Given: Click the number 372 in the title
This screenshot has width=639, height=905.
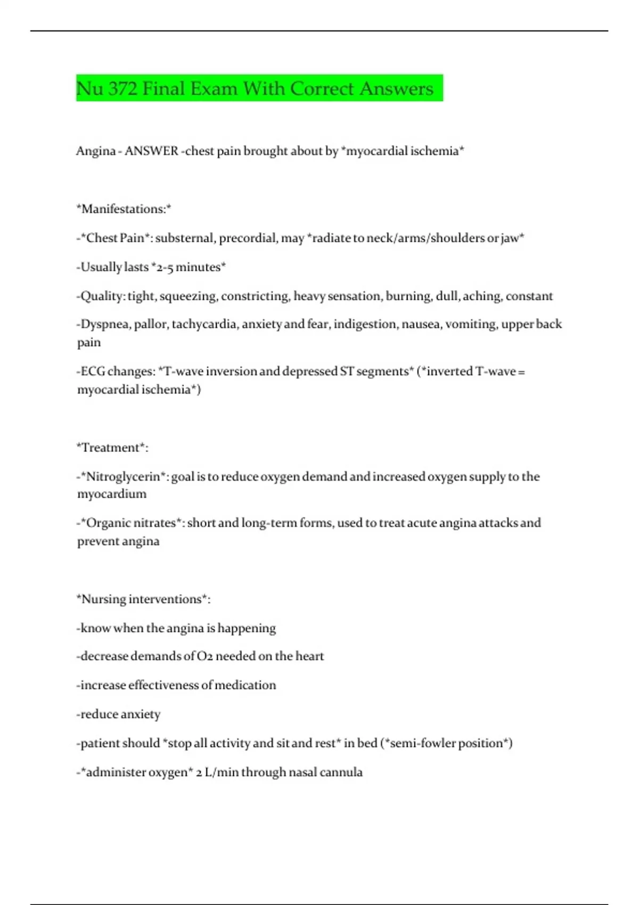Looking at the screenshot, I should [x=122, y=88].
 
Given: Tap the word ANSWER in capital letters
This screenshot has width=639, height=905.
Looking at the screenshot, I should [x=151, y=151].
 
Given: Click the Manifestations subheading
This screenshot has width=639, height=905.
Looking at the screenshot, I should [x=124, y=209].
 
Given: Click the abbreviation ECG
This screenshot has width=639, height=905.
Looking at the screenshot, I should [x=93, y=372].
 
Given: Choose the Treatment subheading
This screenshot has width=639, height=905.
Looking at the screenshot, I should [x=112, y=448].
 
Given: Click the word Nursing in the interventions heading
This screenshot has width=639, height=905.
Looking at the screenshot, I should [x=103, y=599].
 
